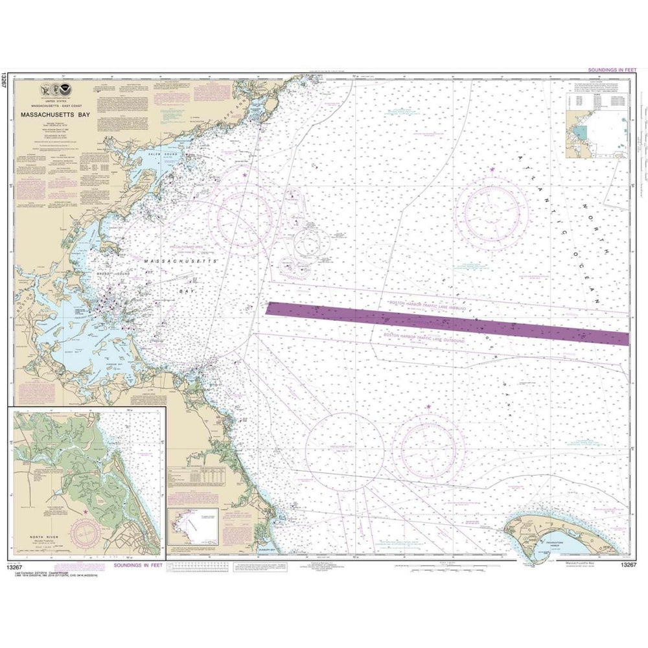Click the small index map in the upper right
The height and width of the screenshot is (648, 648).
597,133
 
